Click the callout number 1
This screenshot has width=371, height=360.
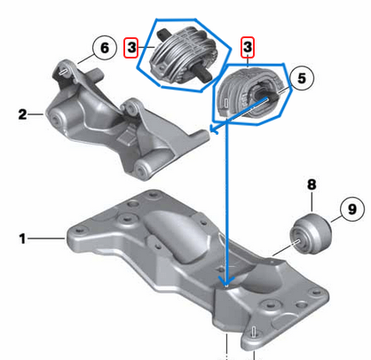pos(22,238)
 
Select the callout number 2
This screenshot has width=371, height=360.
pos(22,113)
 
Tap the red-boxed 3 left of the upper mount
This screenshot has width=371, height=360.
pos(131,45)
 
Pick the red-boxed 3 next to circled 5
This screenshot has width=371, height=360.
pos(249,44)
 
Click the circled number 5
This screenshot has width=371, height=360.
pos(302,78)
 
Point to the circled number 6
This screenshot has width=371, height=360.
pos(104,46)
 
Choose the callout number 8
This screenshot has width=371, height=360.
pos(312,184)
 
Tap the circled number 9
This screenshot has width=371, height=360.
pos(348,210)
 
